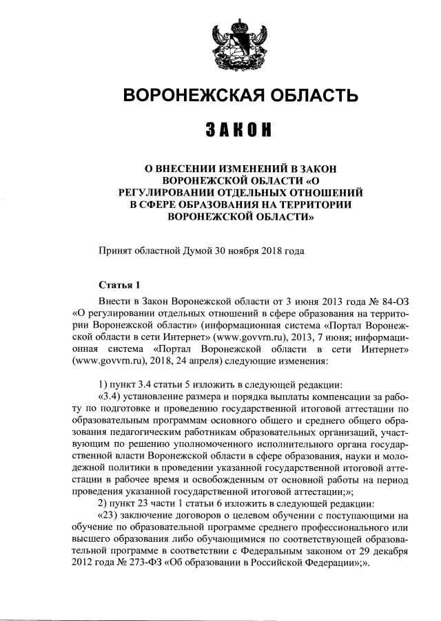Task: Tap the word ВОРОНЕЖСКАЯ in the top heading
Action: pos(188,94)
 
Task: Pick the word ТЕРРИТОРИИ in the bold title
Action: pos(314,204)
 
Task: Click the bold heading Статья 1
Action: pos(119,284)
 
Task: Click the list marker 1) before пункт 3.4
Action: pos(104,383)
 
